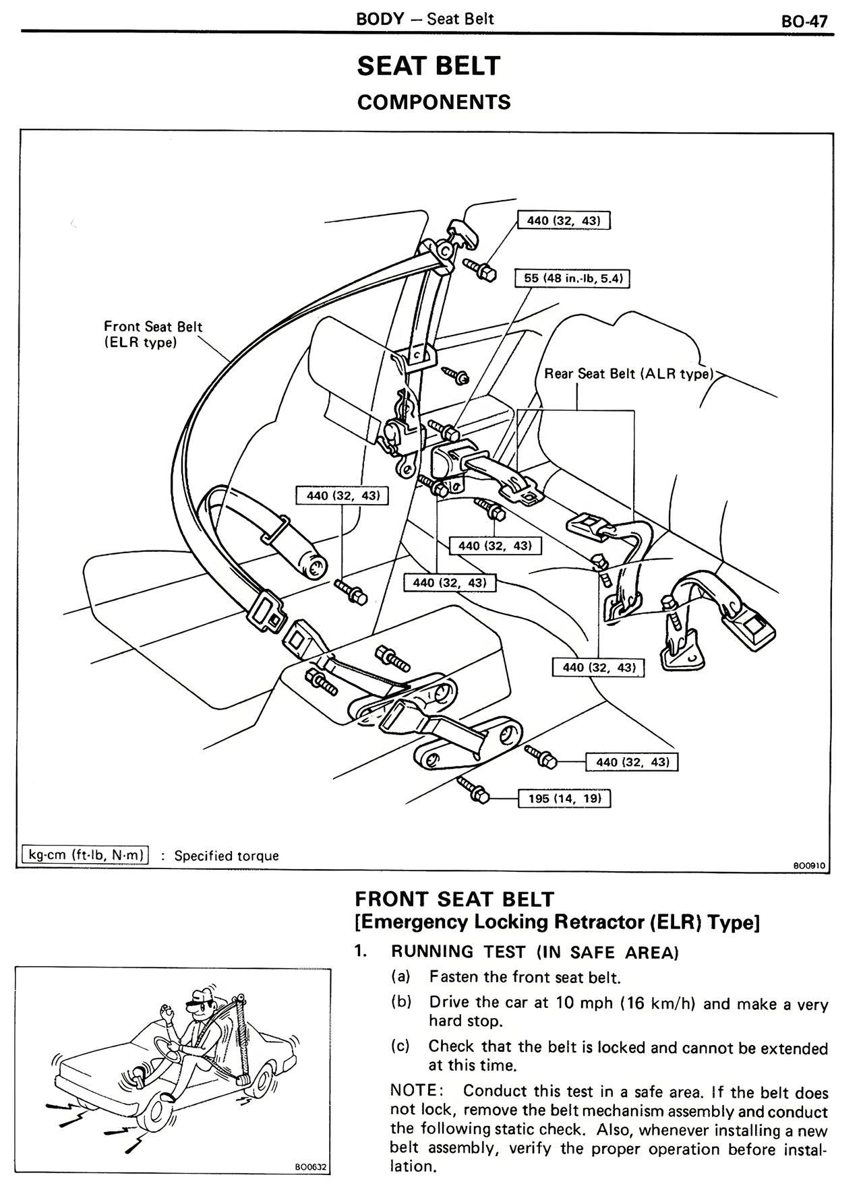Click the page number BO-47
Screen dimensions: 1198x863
(804, 20)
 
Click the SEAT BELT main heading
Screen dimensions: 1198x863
(428, 66)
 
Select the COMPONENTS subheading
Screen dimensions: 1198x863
(434, 102)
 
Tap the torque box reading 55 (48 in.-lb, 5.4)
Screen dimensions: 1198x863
(572, 278)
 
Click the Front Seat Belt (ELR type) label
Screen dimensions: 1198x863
(153, 334)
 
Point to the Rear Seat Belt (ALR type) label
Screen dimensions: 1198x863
(628, 374)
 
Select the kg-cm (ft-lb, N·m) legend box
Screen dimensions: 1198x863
(85, 855)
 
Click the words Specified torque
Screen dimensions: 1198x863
(227, 856)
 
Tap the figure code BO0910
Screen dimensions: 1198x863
(808, 866)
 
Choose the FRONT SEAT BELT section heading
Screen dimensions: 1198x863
(454, 899)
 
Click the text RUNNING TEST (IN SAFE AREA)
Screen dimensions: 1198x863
(534, 951)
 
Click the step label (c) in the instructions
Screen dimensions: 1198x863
(401, 1046)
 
